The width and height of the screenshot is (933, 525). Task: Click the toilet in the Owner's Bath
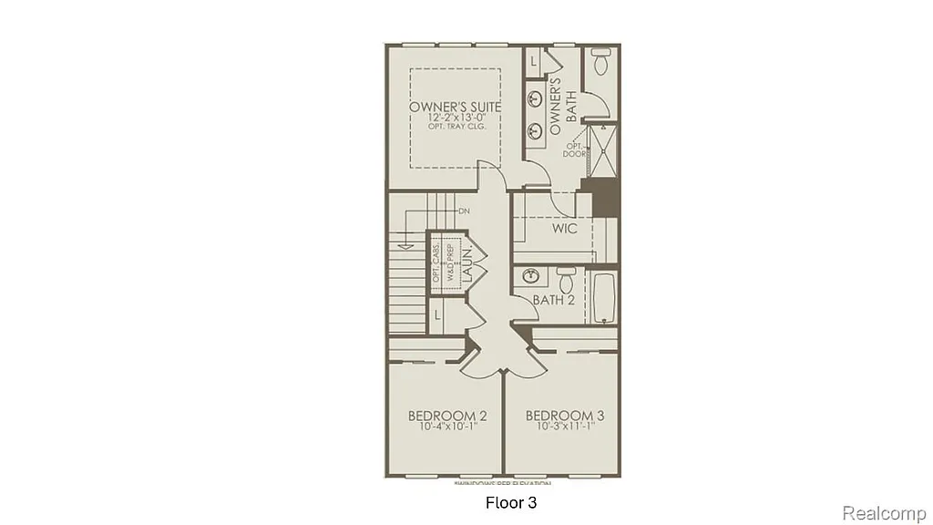click(600, 64)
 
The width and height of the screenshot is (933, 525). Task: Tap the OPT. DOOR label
click(574, 149)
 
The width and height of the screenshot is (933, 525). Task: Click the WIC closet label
click(565, 229)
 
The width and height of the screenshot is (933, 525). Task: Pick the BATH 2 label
click(553, 299)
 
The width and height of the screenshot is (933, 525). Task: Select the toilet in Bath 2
click(564, 275)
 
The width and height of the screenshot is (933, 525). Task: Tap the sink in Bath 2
click(529, 275)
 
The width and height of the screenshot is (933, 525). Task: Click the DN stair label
click(464, 211)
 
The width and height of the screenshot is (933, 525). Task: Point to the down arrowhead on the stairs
click(403, 243)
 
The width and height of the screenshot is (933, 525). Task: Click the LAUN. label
click(463, 262)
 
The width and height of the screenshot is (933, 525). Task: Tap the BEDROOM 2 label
click(446, 416)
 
